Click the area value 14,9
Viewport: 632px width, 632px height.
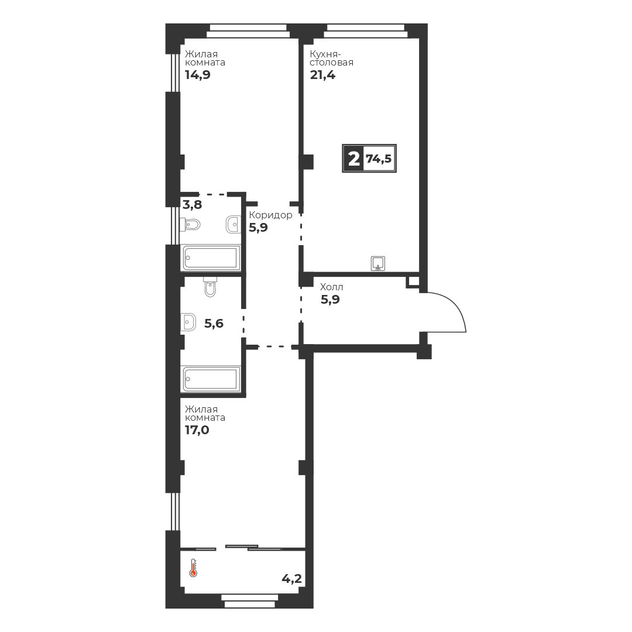point(198,75)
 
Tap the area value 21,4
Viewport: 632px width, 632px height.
point(322,75)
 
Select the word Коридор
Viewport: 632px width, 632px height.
point(270,215)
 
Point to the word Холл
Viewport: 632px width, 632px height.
point(332,287)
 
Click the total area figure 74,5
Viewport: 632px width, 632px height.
point(379,159)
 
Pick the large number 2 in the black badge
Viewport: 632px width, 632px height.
point(353,159)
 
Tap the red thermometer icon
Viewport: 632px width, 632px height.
point(194,568)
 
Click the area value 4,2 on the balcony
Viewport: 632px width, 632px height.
point(291,579)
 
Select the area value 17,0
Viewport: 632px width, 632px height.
point(197,430)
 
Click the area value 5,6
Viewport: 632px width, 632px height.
point(214,323)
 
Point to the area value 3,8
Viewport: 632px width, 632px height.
point(193,205)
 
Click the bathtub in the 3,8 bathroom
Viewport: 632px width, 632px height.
point(211,257)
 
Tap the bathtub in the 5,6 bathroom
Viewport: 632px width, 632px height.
point(211,379)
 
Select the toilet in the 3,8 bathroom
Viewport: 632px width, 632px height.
point(190,225)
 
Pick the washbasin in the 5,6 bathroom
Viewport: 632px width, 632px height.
point(188,322)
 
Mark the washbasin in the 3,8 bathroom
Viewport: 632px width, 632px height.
point(233,225)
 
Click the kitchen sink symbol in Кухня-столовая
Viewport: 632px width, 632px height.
point(378,263)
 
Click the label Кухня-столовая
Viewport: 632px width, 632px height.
point(331,58)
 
